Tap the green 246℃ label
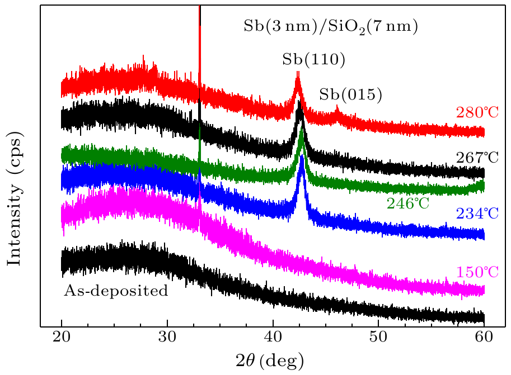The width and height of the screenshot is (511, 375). tap(408, 203)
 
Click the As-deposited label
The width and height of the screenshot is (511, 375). tap(116, 291)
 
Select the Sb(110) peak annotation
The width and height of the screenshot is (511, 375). tap(306, 59)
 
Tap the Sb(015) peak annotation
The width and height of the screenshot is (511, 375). tap(350, 95)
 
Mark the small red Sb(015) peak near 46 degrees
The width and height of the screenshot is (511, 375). tap(337, 107)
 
